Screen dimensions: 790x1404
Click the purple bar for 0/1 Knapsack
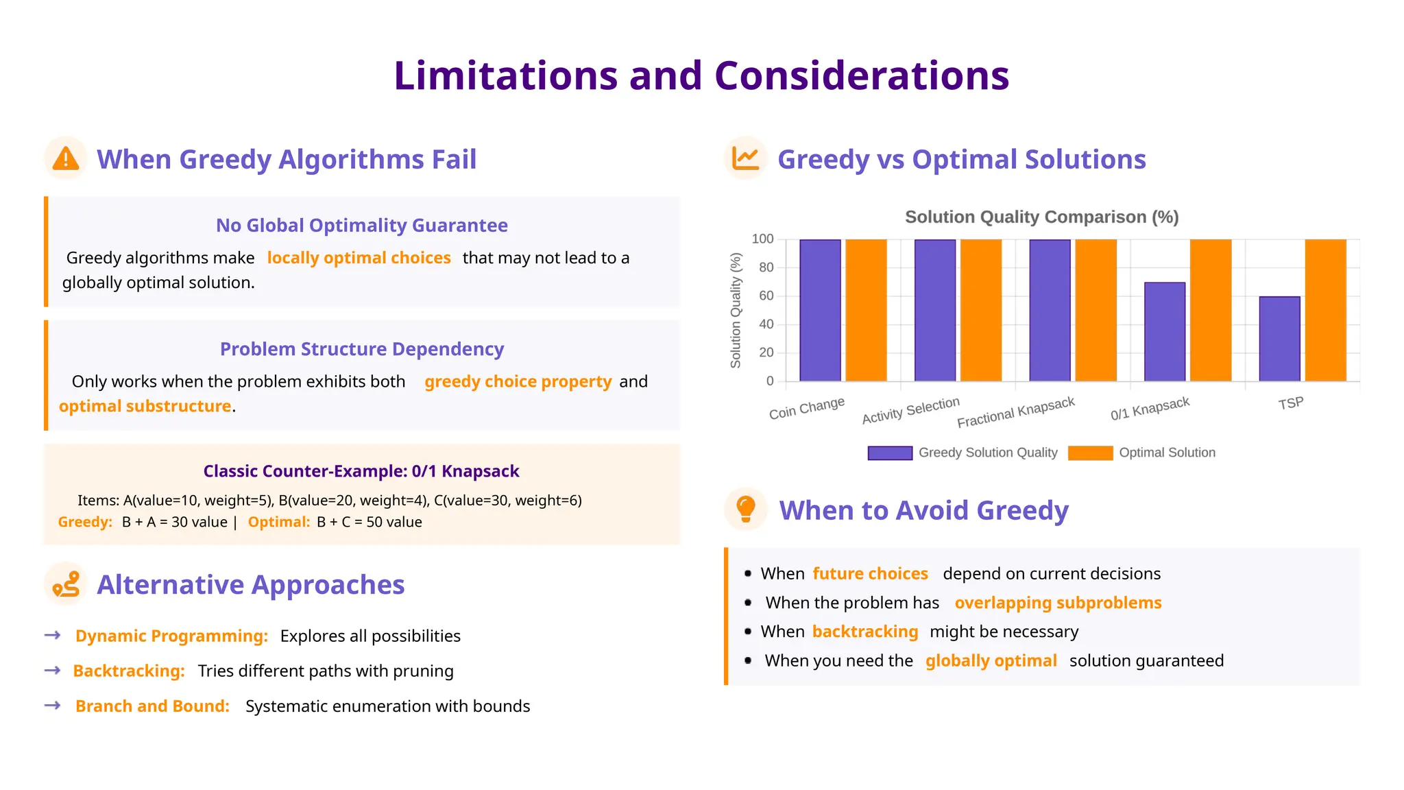tap(1164, 331)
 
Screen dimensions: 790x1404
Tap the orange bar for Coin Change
tap(866, 310)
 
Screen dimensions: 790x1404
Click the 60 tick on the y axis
tap(766, 296)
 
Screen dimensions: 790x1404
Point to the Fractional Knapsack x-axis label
tap(1015, 412)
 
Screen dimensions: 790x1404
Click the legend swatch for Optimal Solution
tap(1090, 453)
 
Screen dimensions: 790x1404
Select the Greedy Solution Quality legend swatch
tap(889, 453)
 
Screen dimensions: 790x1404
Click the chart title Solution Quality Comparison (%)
tap(1041, 217)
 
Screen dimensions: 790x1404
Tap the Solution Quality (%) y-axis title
tap(736, 310)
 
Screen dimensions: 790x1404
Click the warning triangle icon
tap(66, 158)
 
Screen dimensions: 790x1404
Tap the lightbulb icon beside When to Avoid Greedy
tap(745, 509)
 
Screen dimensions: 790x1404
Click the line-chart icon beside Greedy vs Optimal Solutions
tap(745, 158)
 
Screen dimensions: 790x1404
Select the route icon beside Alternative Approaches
tap(66, 584)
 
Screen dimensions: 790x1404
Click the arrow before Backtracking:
tap(53, 670)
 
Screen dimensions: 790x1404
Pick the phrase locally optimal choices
tap(359, 258)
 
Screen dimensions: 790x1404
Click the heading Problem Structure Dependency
tap(361, 349)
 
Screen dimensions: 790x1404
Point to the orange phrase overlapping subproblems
tap(1058, 603)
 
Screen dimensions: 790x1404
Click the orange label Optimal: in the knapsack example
tap(279, 522)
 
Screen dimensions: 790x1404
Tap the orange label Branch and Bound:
tap(152, 706)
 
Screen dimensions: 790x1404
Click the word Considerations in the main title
tap(861, 75)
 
